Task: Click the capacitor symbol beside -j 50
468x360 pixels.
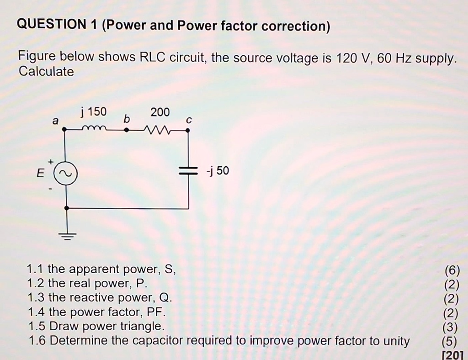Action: (188, 171)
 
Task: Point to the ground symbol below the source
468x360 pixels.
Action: (67, 236)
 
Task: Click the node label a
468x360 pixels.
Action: (55, 121)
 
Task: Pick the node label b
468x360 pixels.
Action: (128, 118)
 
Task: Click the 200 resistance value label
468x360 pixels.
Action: (160, 112)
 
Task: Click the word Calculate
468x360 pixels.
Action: (46, 72)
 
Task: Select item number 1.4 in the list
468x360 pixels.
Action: (36, 312)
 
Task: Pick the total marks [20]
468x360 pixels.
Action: (453, 355)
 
